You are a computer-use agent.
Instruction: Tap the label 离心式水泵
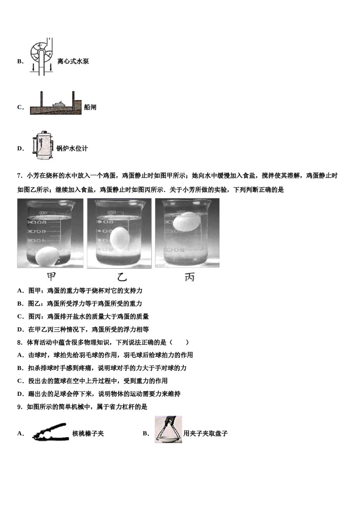[x=73, y=61]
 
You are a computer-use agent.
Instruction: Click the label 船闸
[x=90, y=108]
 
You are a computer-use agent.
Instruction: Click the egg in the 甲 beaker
[x=47, y=256]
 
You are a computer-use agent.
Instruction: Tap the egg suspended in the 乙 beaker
[x=120, y=238]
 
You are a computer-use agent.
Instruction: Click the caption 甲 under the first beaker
[x=51, y=277]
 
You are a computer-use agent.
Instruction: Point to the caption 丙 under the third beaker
[x=189, y=277]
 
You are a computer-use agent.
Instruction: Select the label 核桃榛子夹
[x=88, y=434]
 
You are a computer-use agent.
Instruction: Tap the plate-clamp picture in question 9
[x=168, y=429]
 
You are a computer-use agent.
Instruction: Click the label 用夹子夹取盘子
[x=205, y=434]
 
